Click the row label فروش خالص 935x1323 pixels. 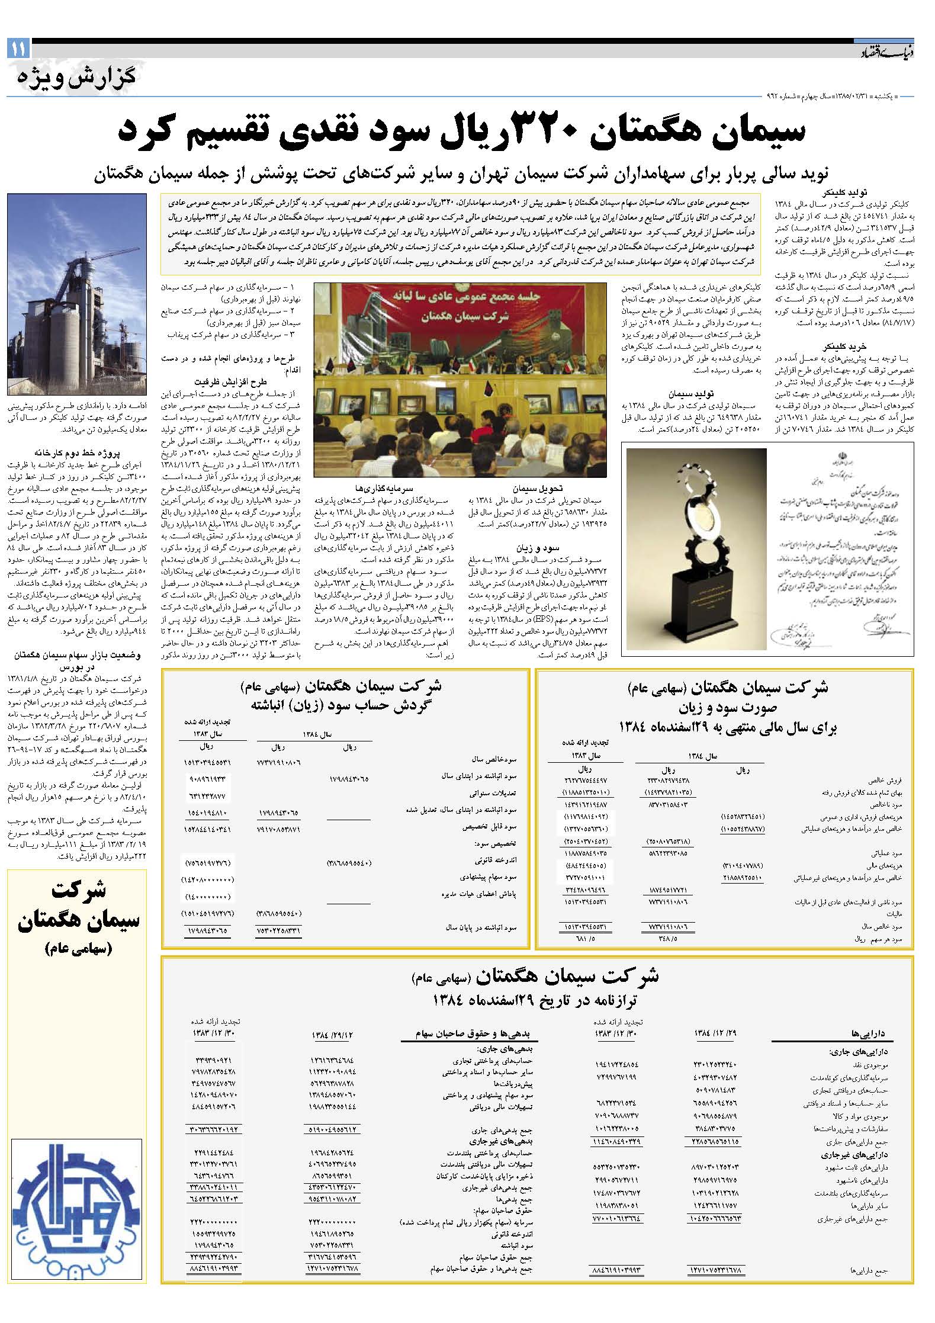(885, 781)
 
